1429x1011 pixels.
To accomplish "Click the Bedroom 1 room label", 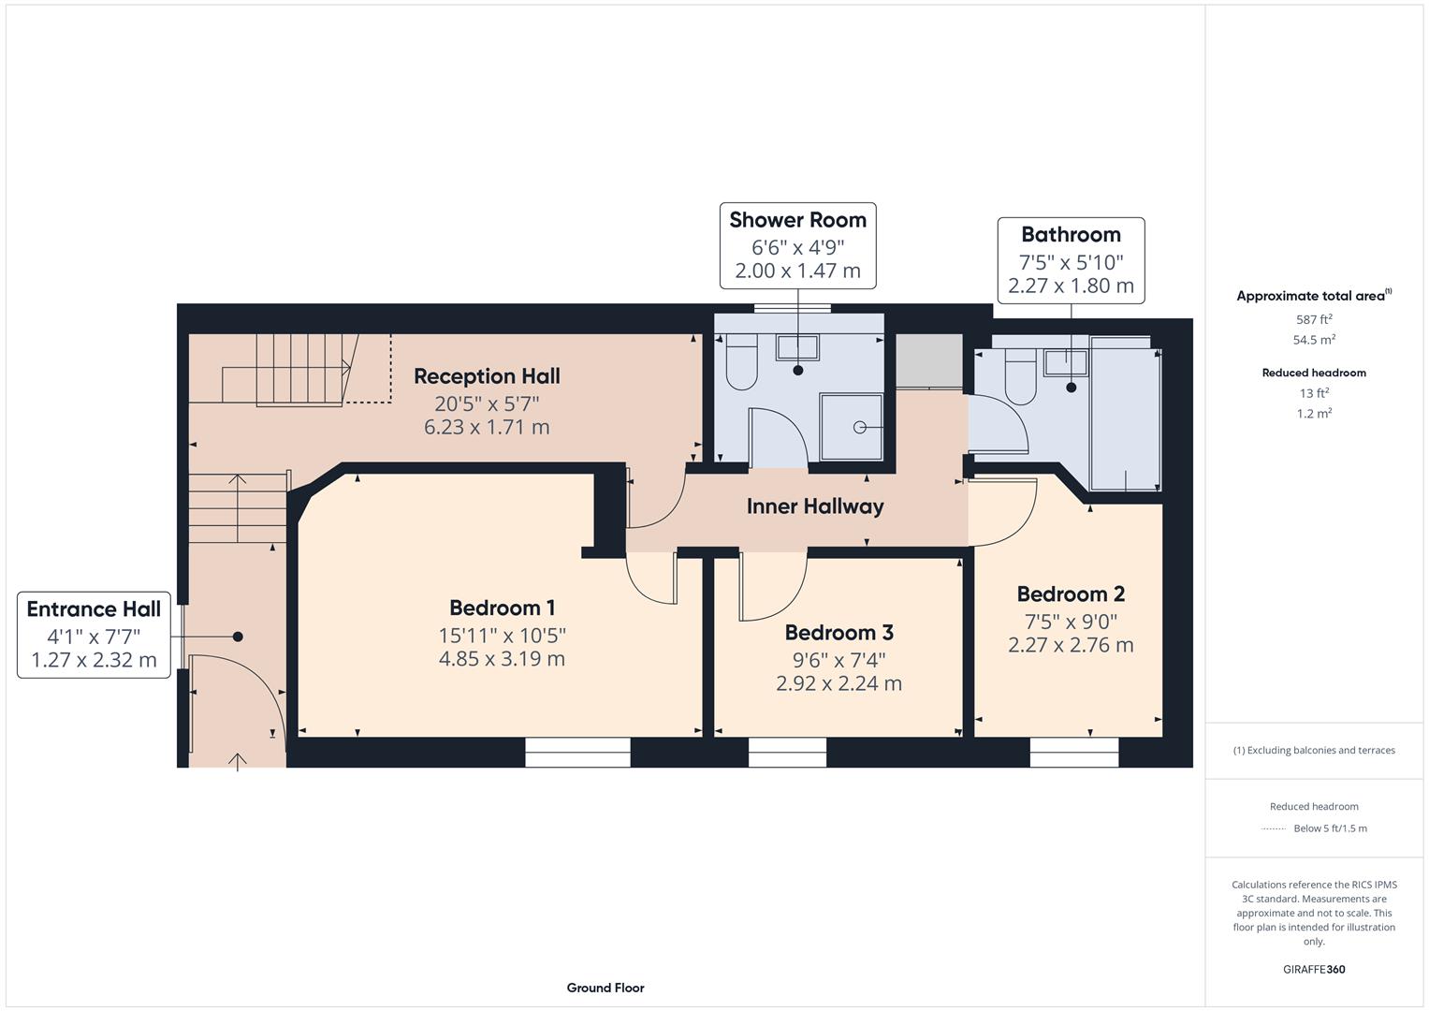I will click(502, 608).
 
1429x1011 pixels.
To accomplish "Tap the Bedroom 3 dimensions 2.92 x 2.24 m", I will click(838, 683).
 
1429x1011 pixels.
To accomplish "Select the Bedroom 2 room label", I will click(1071, 594).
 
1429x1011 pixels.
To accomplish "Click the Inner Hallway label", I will click(814, 506).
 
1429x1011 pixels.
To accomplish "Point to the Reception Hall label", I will click(487, 376).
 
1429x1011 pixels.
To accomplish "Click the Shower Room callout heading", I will click(797, 220).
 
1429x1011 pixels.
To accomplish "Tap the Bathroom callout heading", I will click(1071, 235).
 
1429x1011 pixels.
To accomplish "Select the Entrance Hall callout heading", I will click(94, 609).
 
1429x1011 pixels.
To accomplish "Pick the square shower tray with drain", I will click(852, 427).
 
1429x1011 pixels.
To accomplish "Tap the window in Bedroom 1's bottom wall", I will click(577, 752).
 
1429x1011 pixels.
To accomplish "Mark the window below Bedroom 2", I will click(1074, 752).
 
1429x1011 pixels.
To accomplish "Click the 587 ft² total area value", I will click(1314, 319).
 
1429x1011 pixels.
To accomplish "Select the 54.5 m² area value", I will click(1314, 340).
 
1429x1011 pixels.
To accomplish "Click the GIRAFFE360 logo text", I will click(1314, 969).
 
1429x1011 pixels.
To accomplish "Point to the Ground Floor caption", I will click(605, 988).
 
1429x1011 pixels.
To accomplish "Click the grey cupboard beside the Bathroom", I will click(929, 360).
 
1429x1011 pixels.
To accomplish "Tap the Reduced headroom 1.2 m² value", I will click(1314, 413).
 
